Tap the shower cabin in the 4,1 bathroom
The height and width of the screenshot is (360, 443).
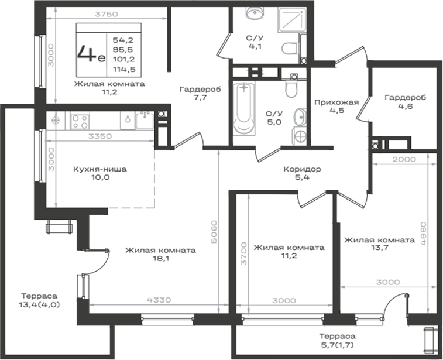pyautogui.click(x=292, y=18)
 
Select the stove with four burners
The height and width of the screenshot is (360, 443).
pyautogui.click(x=80, y=121)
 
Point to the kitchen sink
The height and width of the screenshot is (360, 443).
pyautogui.click(x=145, y=121)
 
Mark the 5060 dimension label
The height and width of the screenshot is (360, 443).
pyautogui.click(x=214, y=232)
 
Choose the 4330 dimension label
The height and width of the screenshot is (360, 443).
pyautogui.click(x=159, y=300)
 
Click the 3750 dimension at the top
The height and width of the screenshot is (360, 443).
pyautogui.click(x=107, y=14)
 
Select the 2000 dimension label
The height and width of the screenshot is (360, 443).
pyautogui.click(x=404, y=159)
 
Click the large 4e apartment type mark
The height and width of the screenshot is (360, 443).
pyautogui.click(x=91, y=54)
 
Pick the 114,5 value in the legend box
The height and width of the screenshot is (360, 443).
pyautogui.click(x=124, y=69)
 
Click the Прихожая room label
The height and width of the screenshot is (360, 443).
pyautogui.click(x=336, y=102)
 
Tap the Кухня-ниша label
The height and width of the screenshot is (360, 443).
pyautogui.click(x=100, y=169)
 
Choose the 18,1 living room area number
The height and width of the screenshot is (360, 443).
pyautogui.click(x=160, y=258)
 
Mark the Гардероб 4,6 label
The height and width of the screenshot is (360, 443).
pyautogui.click(x=406, y=102)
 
